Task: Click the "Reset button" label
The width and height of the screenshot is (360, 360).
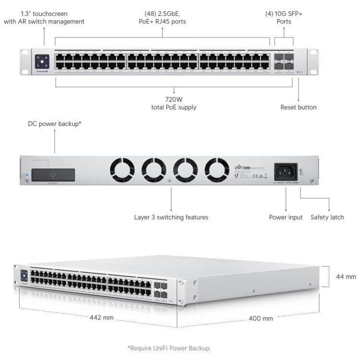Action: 299,108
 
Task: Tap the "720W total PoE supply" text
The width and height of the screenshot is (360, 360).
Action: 174,103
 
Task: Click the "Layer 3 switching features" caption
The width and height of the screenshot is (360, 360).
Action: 171,217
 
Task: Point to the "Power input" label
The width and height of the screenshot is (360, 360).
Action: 286,217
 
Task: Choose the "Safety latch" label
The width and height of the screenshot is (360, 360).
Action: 327,217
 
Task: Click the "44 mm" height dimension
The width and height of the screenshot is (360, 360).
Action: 346,276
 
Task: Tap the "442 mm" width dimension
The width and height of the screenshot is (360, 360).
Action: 101,317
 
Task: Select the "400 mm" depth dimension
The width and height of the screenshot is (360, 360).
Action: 261,318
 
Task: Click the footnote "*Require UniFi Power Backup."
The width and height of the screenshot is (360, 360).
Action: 169,348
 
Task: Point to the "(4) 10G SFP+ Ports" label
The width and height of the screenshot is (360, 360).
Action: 284,18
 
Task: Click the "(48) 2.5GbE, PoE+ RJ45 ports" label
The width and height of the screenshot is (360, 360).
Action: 162,18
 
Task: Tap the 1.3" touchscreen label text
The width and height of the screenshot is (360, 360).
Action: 44,18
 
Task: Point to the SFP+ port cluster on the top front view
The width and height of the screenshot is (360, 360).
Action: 284,61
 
